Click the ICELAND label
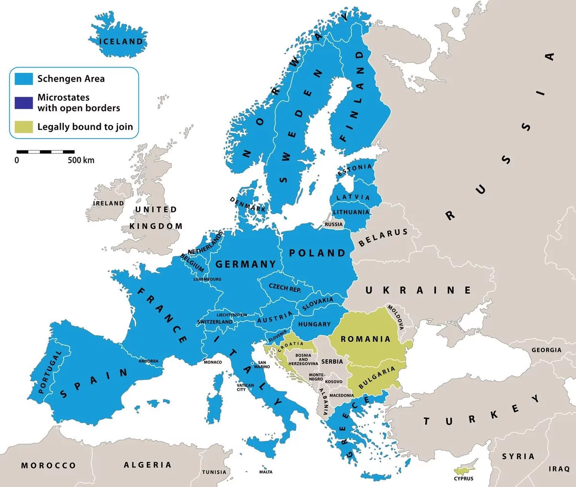point(121,41)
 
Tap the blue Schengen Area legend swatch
point(24,79)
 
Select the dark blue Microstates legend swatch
point(24,103)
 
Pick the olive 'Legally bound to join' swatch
point(24,127)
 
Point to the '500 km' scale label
point(81,160)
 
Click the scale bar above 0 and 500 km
point(46,151)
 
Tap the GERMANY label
point(245,264)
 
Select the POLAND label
point(317,253)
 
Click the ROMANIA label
point(365,339)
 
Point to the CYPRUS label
point(463,478)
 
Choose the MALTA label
point(266,472)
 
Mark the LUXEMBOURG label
point(207,279)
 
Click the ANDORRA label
point(148,361)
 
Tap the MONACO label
point(213,362)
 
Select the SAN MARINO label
point(262,365)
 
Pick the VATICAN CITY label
point(245,387)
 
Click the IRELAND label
point(108,203)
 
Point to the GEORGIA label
point(546,350)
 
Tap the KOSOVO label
point(334,382)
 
